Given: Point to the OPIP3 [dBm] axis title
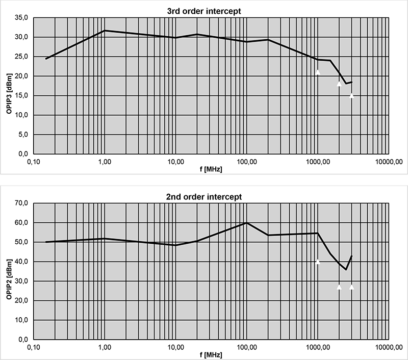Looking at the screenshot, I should click(x=9, y=85).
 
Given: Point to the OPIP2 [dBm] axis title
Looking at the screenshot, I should click(x=9, y=271).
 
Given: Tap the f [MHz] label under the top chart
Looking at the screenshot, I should click(x=211, y=168).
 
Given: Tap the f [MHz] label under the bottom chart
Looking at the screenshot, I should click(x=211, y=354).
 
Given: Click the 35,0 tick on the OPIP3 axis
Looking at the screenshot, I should click(x=21, y=18).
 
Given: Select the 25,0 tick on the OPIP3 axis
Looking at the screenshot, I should click(x=21, y=57).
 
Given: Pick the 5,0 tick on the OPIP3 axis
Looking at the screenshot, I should click(x=22, y=135).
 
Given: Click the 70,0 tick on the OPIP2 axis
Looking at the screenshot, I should click(x=21, y=203).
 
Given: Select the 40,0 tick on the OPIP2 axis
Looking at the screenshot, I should click(x=21, y=262).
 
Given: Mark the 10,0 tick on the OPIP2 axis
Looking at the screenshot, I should click(x=21, y=320).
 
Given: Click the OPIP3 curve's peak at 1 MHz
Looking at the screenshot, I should click(x=105, y=31).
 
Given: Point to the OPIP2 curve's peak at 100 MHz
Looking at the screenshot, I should click(x=247, y=223).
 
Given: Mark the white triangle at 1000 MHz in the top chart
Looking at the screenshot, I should click(x=318, y=72).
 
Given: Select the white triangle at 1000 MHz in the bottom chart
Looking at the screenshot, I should click(x=318, y=262).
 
